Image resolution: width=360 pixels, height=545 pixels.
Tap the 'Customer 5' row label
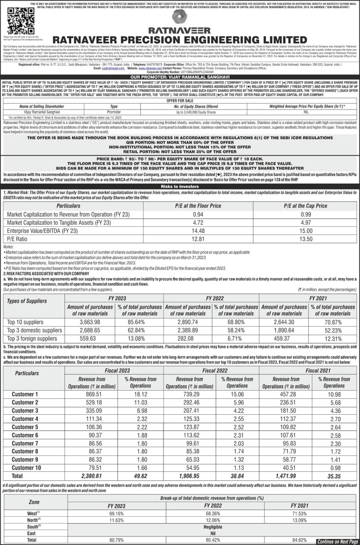[25, 426]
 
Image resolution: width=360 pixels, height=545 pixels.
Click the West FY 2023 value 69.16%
[116, 512]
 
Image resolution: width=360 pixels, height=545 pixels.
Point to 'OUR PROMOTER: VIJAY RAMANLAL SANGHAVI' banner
[179, 77]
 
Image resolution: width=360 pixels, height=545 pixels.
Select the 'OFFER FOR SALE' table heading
[179, 100]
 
